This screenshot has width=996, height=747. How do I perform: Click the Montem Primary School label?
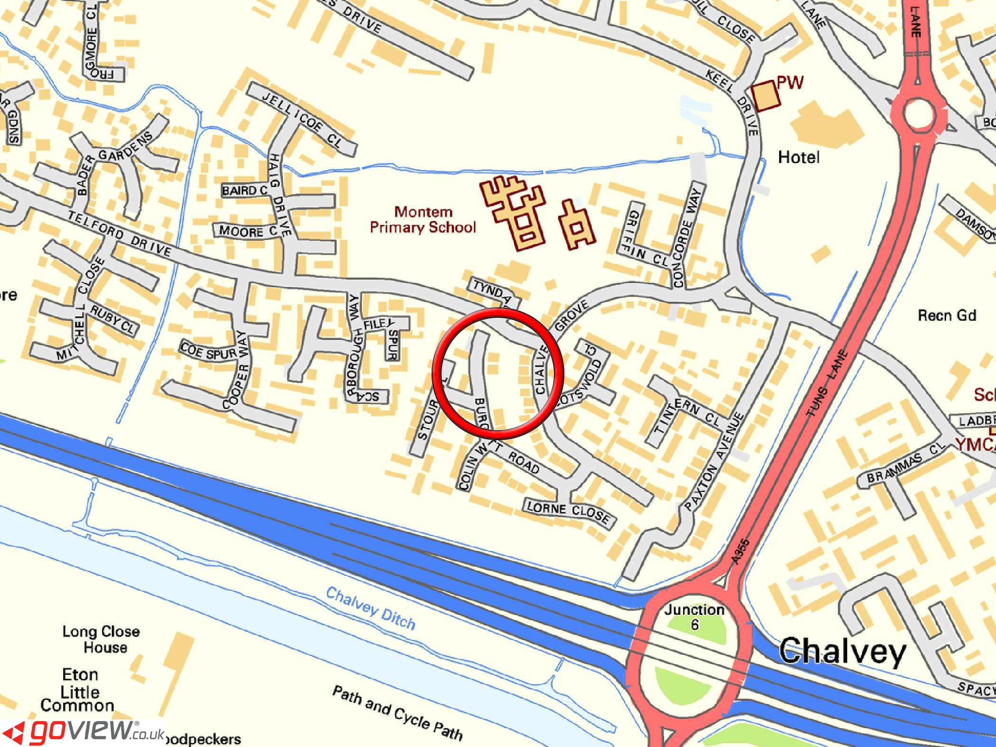click(423, 220)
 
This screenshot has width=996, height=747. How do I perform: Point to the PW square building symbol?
click(765, 96)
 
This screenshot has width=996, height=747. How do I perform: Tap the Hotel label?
click(799, 157)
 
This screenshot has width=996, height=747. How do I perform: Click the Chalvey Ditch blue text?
click(370, 608)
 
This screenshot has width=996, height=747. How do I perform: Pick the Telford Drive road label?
click(119, 233)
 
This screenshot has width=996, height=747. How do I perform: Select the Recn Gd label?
click(947, 315)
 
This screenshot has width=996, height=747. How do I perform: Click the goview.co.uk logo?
click(83, 732)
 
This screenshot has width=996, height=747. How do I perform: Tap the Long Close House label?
click(101, 639)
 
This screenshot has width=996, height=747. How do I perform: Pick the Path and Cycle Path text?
click(397, 713)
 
